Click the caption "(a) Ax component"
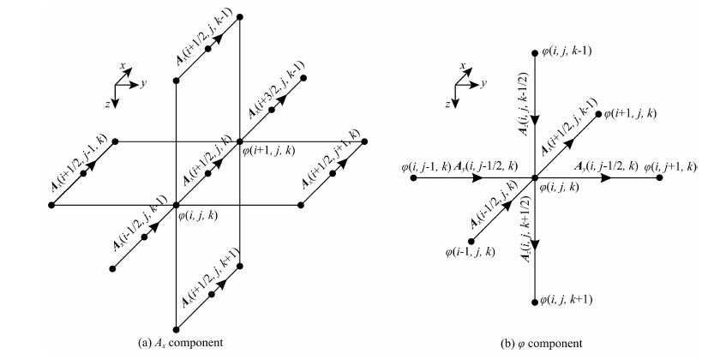(180, 343)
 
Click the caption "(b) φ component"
(542, 343)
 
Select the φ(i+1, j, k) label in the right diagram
(633, 113)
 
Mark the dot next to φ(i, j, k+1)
(534, 299)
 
